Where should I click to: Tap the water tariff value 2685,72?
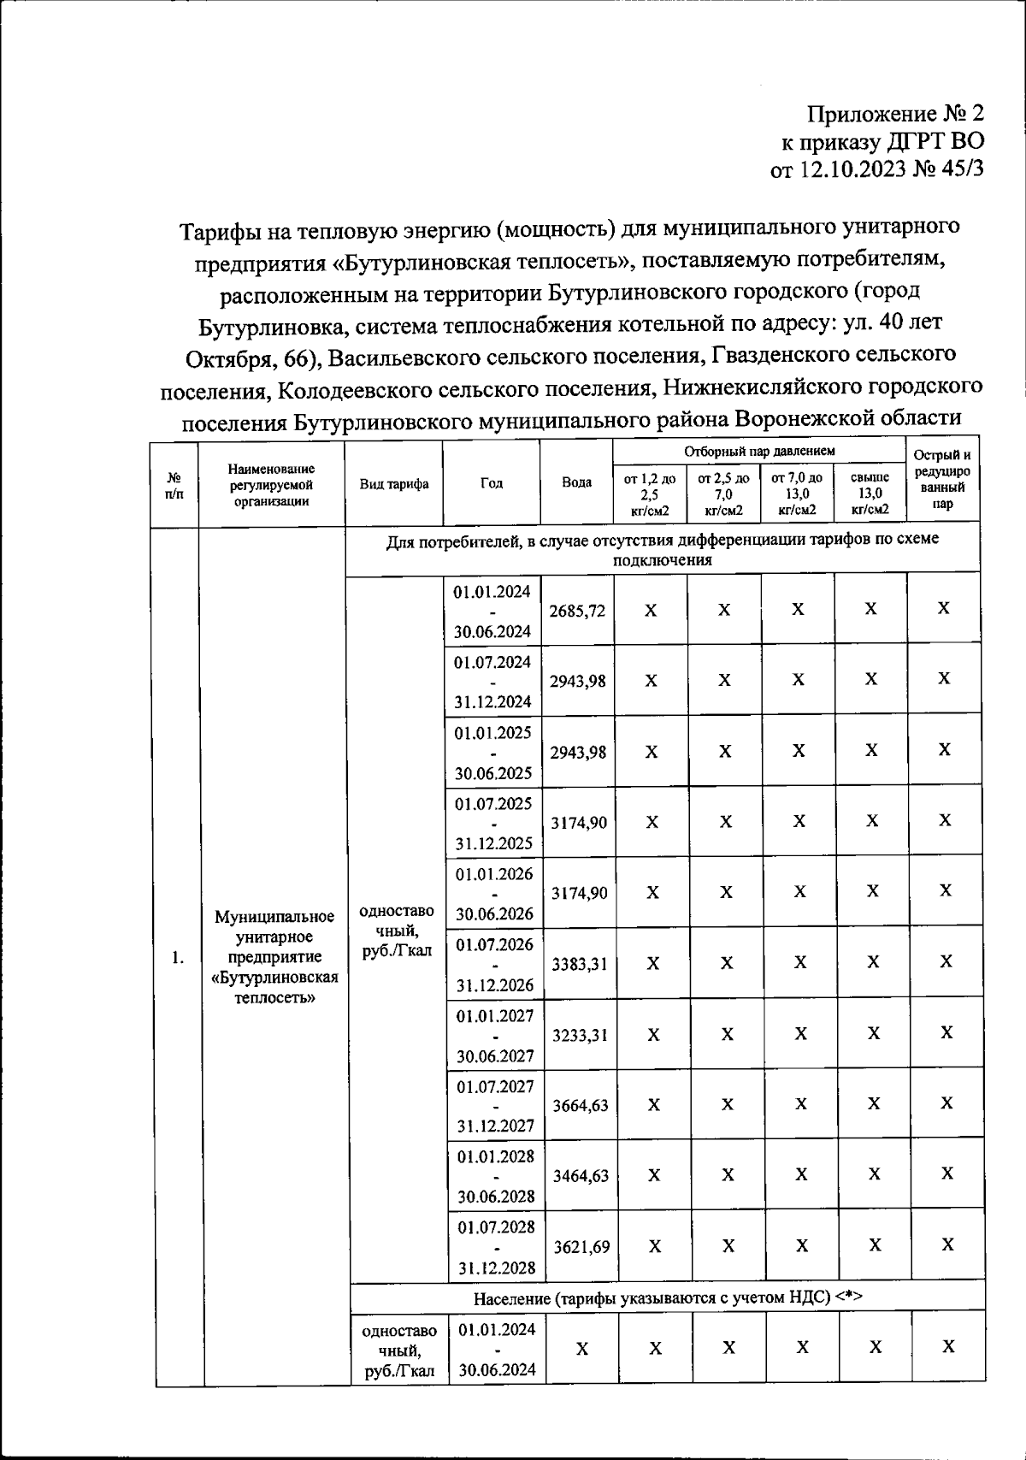tap(577, 611)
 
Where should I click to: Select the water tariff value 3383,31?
tap(579, 964)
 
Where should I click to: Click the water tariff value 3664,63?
tap(580, 1105)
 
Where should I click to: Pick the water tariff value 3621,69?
tap(581, 1246)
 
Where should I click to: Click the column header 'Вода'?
tap(576, 482)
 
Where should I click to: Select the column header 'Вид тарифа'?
tap(394, 483)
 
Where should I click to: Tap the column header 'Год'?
tap(492, 483)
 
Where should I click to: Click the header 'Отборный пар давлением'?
tap(759, 451)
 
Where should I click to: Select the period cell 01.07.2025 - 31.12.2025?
tap(493, 823)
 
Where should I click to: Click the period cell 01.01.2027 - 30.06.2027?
tap(494, 1035)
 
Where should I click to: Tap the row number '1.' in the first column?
tap(177, 957)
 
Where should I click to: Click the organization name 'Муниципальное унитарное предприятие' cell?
tap(274, 957)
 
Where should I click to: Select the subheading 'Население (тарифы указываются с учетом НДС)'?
tap(668, 1297)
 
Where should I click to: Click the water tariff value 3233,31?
tap(580, 1035)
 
